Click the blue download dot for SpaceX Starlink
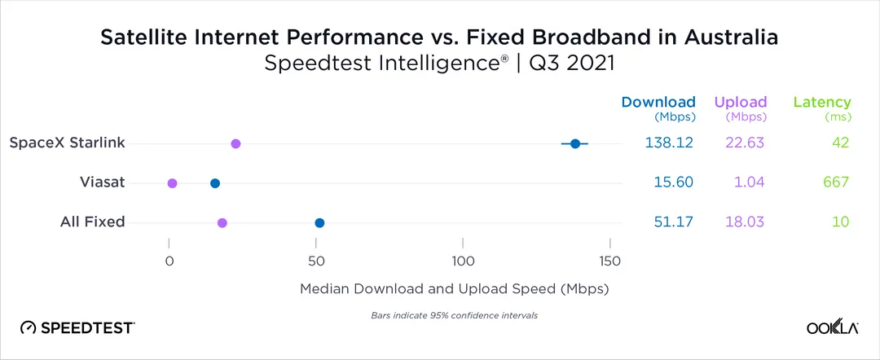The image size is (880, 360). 575,143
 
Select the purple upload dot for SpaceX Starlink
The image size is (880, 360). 235,143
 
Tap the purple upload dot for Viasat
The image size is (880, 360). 172,183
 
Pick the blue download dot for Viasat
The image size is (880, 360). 215,183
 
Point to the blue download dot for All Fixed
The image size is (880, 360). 319,222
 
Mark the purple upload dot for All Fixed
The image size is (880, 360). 222,222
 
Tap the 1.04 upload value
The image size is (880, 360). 749,182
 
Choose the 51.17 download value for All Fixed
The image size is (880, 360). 668,222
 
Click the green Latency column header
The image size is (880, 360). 822,103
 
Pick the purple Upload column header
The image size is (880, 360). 741,103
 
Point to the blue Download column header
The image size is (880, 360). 658,103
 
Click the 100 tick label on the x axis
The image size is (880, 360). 463,261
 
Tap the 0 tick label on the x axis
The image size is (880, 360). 169,261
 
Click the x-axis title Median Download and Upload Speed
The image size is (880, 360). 455,289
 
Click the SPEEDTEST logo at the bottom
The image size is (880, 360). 77,327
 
